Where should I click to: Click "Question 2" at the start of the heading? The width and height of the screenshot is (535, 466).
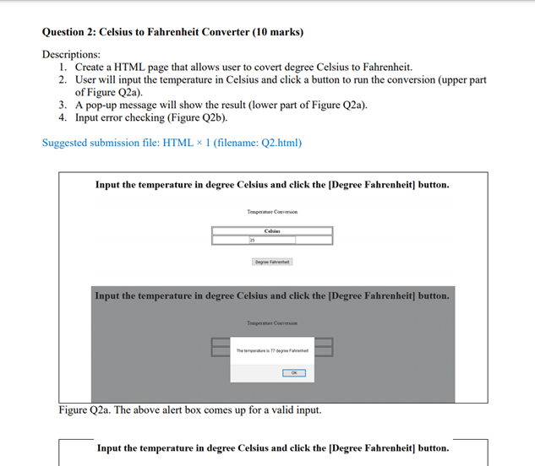pyautogui.click(x=68, y=33)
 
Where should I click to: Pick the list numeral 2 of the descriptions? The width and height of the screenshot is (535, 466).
pyautogui.click(x=63, y=79)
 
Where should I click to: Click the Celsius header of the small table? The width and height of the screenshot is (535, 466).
pyautogui.click(x=272, y=230)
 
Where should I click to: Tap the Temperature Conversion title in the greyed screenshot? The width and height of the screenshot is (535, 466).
pyautogui.click(x=272, y=322)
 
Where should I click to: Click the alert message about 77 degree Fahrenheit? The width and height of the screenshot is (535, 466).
pyautogui.click(x=272, y=350)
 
